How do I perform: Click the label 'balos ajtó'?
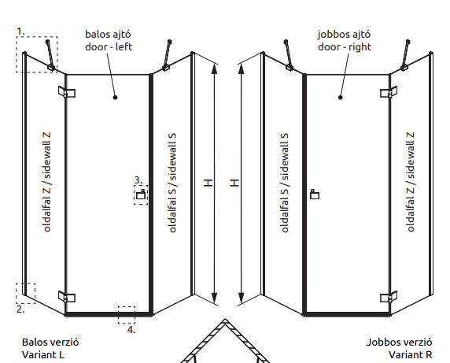(108, 35)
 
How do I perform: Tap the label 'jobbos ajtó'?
(344, 35)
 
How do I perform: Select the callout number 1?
(20, 31)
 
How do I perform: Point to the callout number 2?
(20, 309)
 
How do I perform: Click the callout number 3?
(138, 180)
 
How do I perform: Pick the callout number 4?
(131, 330)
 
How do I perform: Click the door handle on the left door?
(141, 194)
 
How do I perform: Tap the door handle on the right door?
(315, 194)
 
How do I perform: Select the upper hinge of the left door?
(67, 92)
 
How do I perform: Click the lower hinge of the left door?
(67, 297)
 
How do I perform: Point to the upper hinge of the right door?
(389, 92)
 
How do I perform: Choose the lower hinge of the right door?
(389, 297)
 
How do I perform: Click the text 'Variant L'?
(43, 355)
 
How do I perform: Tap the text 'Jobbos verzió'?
(399, 343)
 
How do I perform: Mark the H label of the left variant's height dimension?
(208, 183)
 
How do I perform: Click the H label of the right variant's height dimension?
(234, 183)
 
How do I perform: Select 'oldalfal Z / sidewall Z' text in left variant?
(46, 182)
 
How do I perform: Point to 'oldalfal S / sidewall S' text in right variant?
(284, 183)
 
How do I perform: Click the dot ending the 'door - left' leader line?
(116, 98)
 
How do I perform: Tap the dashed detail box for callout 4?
(127, 315)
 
